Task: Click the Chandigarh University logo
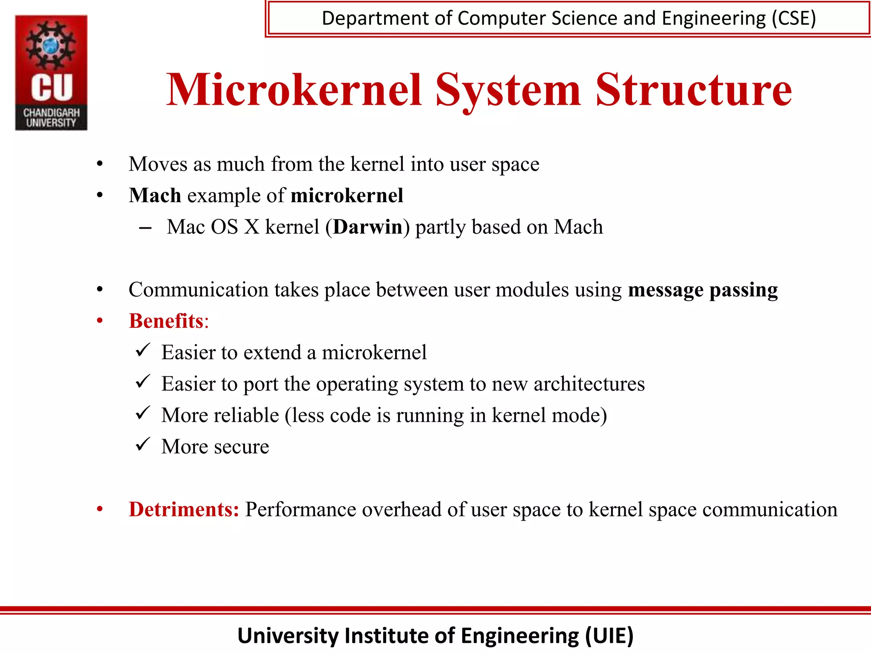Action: point(51,72)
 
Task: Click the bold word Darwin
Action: point(367,227)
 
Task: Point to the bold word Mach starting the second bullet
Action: point(155,195)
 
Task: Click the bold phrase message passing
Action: point(703,290)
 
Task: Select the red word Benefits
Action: point(166,321)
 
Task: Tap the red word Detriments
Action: point(184,509)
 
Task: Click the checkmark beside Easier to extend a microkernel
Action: point(142,350)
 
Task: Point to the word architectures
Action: point(589,384)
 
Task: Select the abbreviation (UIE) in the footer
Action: point(609,636)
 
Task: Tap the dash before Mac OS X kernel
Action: point(145,228)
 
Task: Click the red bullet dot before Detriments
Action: point(100,509)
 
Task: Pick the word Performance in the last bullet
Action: point(301,509)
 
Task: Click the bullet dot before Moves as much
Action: point(100,164)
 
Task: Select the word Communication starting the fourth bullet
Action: point(199,290)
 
